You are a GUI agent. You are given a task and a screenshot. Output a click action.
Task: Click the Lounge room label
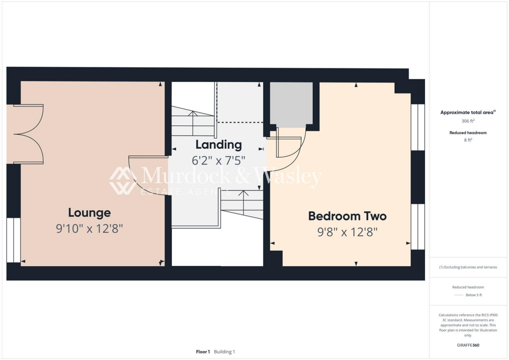(89, 213)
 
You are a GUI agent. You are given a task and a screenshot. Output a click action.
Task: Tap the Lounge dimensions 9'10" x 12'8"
(89, 229)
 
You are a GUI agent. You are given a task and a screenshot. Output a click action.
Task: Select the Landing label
(218, 145)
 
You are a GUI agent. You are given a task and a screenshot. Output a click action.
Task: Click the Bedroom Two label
(347, 216)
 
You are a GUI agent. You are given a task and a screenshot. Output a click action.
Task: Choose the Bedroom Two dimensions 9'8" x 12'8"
(347, 232)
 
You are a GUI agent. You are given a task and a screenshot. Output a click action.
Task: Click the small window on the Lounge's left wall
(13, 240)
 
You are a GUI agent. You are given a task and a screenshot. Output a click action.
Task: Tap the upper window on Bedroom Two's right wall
(418, 127)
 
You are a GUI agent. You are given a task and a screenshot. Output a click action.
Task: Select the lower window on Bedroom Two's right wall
(418, 227)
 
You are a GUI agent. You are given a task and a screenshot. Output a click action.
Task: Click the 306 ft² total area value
(467, 121)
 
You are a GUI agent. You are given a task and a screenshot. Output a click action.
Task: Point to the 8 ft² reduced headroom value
(468, 140)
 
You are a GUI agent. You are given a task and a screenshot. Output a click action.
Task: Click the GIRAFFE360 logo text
(468, 345)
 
